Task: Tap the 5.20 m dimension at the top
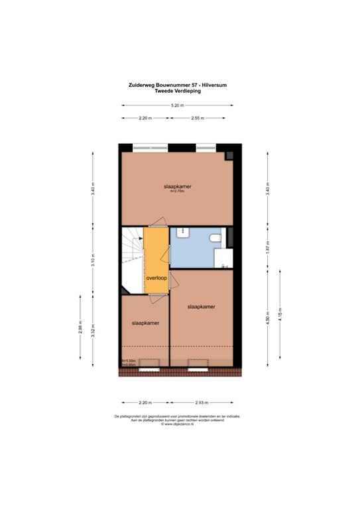(x=177, y=105)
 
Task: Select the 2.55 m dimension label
(x=197, y=118)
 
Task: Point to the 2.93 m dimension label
(x=202, y=402)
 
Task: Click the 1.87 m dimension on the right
(x=267, y=247)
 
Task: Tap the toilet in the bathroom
(x=214, y=239)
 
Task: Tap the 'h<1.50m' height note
(x=128, y=360)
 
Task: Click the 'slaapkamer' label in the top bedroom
(x=178, y=187)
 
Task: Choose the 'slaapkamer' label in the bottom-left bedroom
(x=144, y=322)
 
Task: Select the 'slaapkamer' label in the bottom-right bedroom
(x=201, y=307)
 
